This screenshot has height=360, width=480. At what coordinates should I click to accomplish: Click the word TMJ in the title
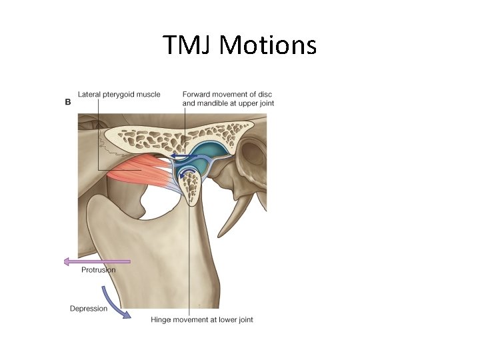(x=188, y=45)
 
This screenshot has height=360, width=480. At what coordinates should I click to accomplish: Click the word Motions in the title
(x=268, y=45)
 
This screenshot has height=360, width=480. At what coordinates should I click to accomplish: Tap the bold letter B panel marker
(x=67, y=102)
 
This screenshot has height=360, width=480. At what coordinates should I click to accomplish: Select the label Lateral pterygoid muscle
(x=119, y=95)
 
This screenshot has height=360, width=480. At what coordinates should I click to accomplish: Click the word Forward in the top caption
(x=198, y=95)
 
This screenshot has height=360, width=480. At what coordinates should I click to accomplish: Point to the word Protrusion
(x=98, y=270)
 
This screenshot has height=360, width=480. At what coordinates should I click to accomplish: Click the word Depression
(x=89, y=309)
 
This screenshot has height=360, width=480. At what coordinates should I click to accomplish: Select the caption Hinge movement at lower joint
(x=202, y=320)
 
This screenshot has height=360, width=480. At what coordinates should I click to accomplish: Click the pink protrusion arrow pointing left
(x=97, y=262)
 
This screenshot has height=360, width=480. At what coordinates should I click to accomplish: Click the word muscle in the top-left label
(x=148, y=95)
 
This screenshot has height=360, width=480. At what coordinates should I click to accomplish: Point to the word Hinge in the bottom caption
(x=161, y=320)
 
